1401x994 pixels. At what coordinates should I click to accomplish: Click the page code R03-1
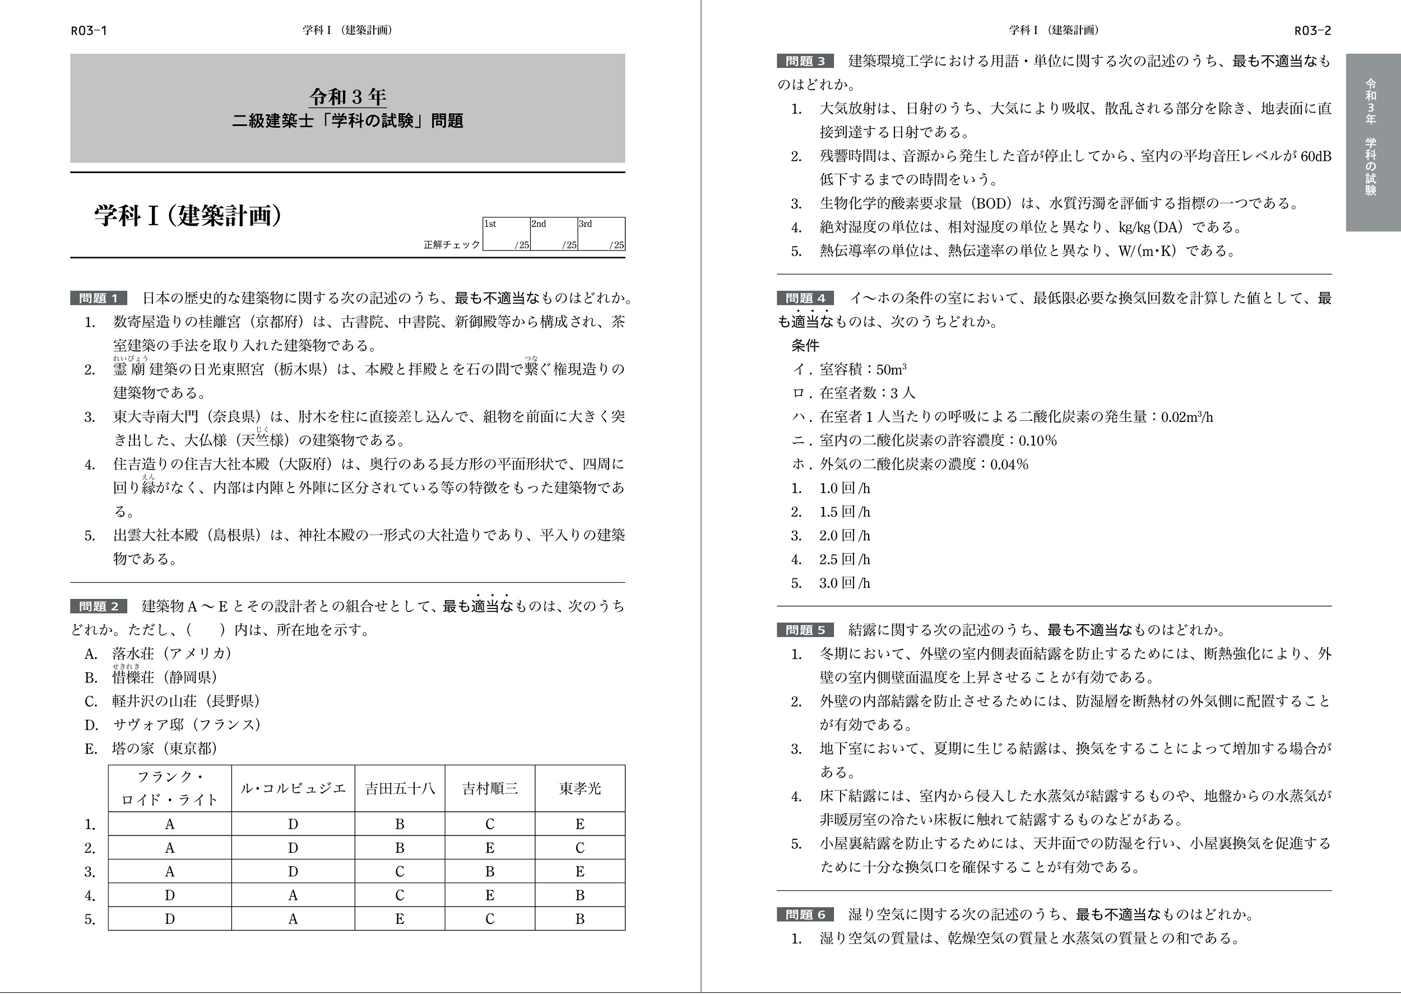[89, 31]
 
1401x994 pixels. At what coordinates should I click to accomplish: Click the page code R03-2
[1312, 31]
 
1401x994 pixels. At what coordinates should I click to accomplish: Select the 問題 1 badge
[99, 298]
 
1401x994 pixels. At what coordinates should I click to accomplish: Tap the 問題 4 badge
[805, 298]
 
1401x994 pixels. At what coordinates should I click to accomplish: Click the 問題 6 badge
[805, 914]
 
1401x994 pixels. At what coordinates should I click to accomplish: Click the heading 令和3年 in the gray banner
[347, 97]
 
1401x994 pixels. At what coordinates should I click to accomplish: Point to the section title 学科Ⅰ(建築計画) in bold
[188, 216]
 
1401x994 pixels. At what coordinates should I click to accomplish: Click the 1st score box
[506, 234]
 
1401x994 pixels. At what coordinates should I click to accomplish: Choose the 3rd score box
[601, 234]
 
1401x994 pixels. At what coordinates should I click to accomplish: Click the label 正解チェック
[452, 244]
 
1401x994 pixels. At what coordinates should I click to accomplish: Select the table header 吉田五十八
[400, 788]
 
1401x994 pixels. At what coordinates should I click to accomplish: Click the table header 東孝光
[579, 788]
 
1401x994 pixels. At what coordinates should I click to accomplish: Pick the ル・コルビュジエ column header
[293, 788]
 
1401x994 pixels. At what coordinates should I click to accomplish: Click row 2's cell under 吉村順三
[490, 848]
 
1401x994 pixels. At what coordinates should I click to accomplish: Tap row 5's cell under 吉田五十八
[400, 919]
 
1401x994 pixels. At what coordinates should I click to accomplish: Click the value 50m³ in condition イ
[891, 370]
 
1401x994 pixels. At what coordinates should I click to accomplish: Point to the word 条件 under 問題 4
[805, 346]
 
